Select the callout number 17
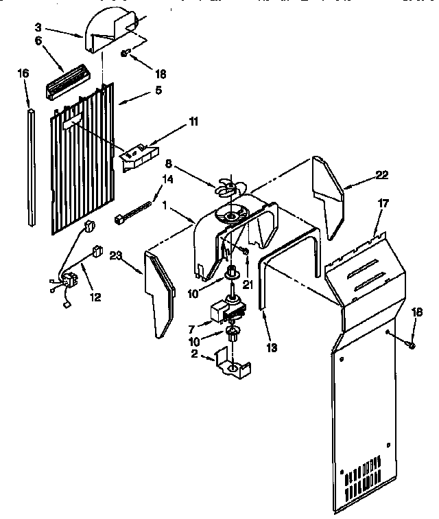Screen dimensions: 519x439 382,203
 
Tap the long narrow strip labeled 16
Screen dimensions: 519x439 32,165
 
